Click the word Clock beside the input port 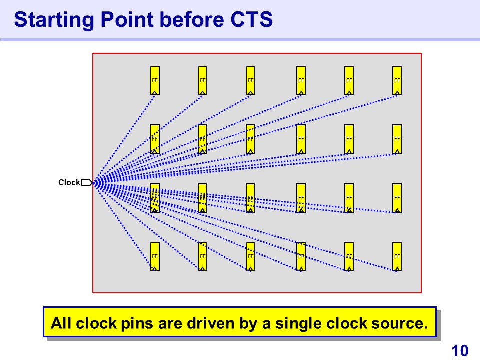(69, 183)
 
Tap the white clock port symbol (86, 183)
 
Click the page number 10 (460, 351)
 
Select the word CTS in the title (252, 20)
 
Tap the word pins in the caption (137, 323)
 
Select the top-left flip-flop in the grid (155, 80)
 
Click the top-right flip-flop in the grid (397, 80)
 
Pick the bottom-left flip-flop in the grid (155, 256)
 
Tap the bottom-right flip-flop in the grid (397, 256)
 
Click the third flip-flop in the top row (251, 80)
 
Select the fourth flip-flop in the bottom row (301, 256)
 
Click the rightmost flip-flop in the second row (397, 139)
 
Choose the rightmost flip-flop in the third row (397, 198)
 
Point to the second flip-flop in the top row (203, 80)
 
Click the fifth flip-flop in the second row (349, 139)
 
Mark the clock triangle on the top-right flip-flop (397, 92)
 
